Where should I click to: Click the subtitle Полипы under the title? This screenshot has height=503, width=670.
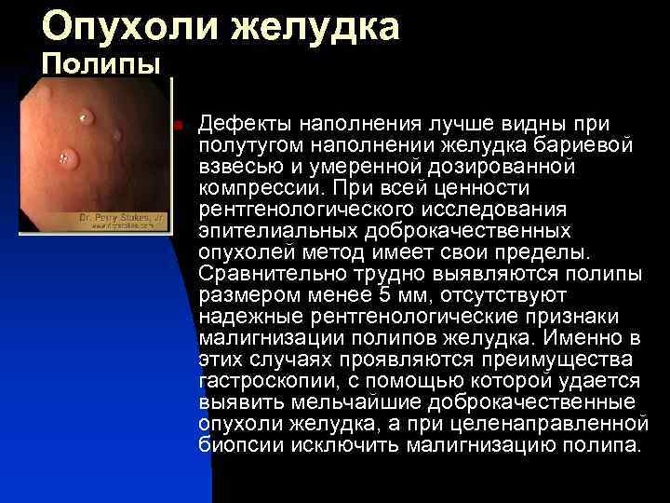(x=101, y=65)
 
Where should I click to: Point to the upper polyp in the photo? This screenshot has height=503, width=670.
(x=87, y=117)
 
